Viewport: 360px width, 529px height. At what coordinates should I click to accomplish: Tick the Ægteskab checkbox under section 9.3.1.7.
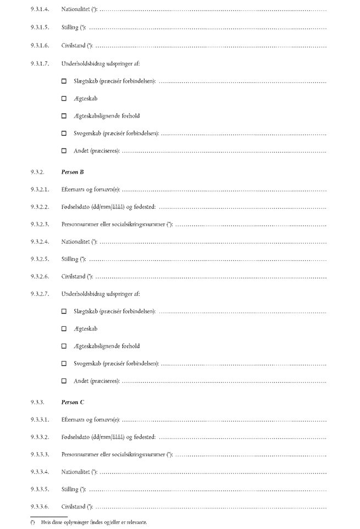coord(64,99)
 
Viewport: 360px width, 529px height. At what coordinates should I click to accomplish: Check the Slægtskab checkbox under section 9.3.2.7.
coord(64,311)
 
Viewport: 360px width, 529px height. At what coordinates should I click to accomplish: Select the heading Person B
coord(73,172)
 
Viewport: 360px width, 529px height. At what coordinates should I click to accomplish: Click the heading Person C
coord(73,402)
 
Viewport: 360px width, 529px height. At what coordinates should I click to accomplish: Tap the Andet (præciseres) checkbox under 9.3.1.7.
coord(64,151)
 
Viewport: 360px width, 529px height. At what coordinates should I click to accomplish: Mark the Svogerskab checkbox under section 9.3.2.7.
coord(64,363)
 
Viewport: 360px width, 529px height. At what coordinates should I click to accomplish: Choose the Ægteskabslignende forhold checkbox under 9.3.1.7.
coord(64,116)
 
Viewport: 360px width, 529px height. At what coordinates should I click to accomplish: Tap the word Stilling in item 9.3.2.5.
coord(70,258)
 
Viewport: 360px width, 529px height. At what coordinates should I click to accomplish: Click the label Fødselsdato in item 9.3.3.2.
coord(76,437)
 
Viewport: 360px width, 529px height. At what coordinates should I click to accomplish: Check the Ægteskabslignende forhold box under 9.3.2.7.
coord(64,346)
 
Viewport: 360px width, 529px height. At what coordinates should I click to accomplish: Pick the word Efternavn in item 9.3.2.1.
coord(74,190)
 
